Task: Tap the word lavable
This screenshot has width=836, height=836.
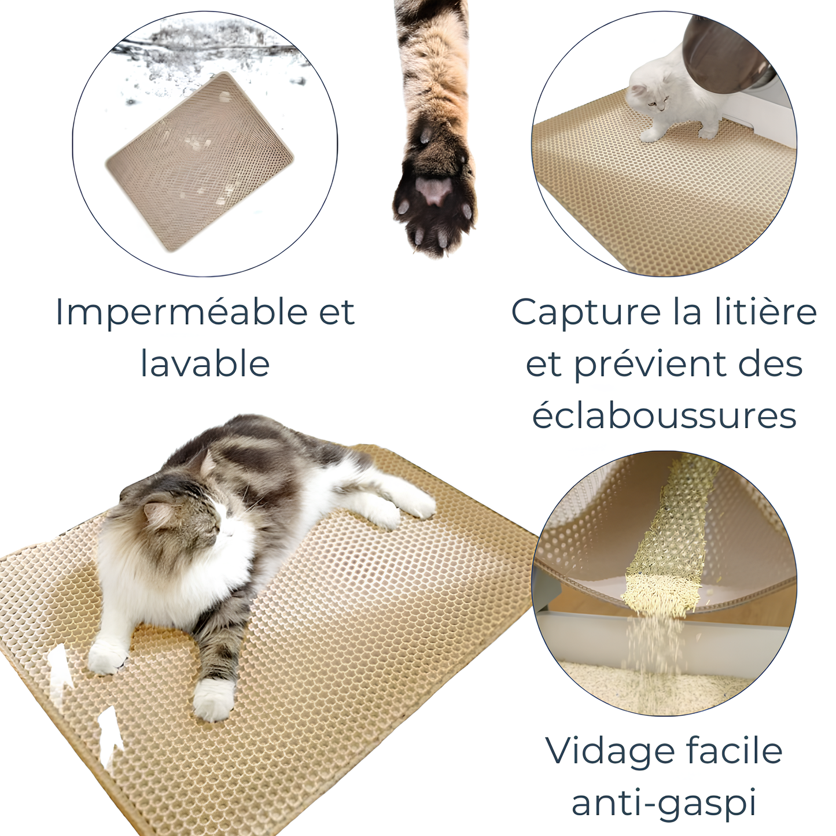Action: pyautogui.click(x=205, y=364)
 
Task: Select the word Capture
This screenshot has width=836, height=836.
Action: pyautogui.click(x=585, y=313)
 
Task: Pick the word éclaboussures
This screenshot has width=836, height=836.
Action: pyautogui.click(x=664, y=416)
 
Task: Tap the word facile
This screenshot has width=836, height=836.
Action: pyautogui.click(x=734, y=750)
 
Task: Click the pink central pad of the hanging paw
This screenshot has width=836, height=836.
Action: pyautogui.click(x=435, y=190)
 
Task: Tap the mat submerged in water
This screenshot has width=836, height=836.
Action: pyautogui.click(x=200, y=162)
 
